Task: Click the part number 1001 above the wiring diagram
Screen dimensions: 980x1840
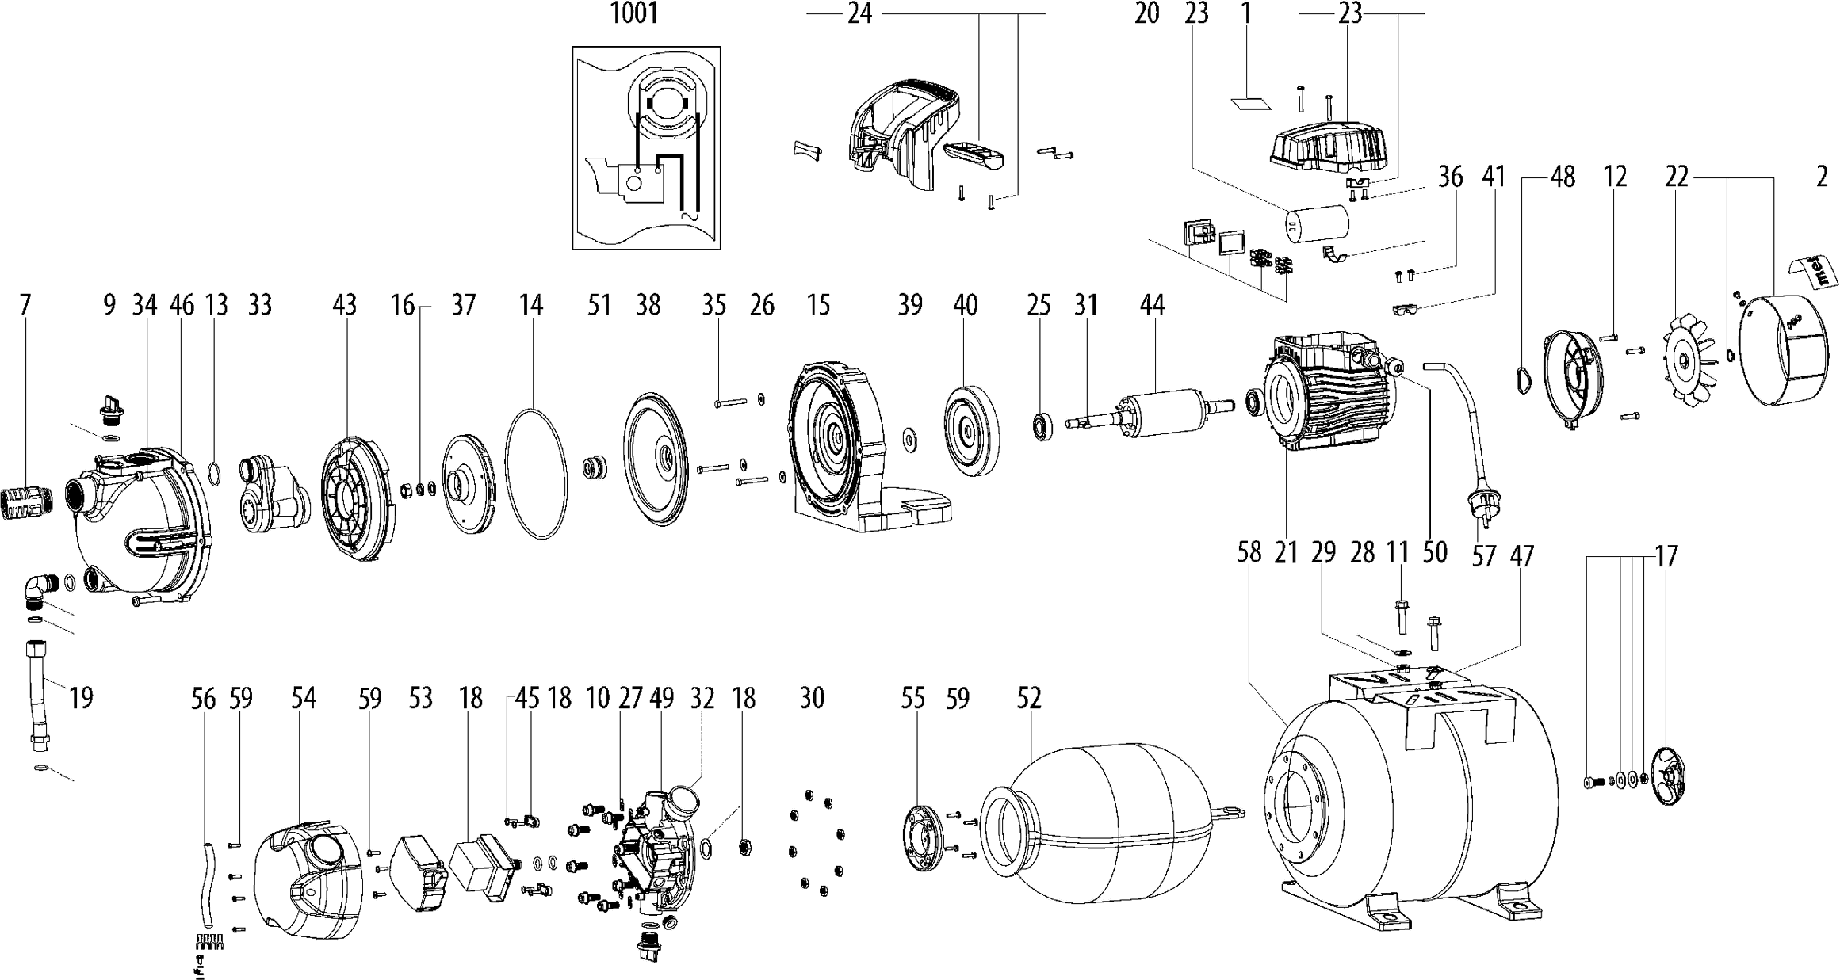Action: [x=634, y=14]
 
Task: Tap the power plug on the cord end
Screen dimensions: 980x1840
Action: [x=1479, y=505]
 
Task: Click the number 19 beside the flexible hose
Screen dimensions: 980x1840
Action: [x=81, y=697]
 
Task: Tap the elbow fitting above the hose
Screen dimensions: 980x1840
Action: [x=40, y=591]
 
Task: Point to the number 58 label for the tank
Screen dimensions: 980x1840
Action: [x=1249, y=552]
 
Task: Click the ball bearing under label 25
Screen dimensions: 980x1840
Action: [x=1042, y=426]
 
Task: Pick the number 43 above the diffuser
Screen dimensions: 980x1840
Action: [x=344, y=304]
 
